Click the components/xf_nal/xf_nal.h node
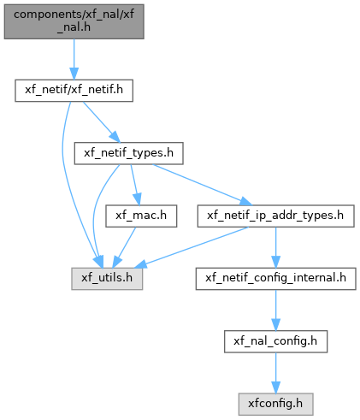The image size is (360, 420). pos(74,21)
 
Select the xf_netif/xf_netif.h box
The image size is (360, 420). pos(74,91)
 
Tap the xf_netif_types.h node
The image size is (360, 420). pos(128,153)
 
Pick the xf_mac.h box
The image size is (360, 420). pos(141,216)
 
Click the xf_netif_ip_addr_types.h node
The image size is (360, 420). pos(275,216)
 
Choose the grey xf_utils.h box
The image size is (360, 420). pos(107,279)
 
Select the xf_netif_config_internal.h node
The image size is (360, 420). pos(275,279)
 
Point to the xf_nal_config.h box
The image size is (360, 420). pos(275,341)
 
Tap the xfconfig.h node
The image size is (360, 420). pos(275,405)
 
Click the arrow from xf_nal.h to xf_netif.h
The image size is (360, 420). pos(74,59)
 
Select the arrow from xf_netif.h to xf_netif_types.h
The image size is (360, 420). pos(101,121)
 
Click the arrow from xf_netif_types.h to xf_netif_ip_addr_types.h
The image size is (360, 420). pos(203,185)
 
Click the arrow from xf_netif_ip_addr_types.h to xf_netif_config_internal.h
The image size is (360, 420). pos(275,247)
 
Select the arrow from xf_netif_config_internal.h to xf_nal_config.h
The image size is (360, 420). pos(275,311)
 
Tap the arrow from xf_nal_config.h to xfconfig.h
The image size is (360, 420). pos(275,373)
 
